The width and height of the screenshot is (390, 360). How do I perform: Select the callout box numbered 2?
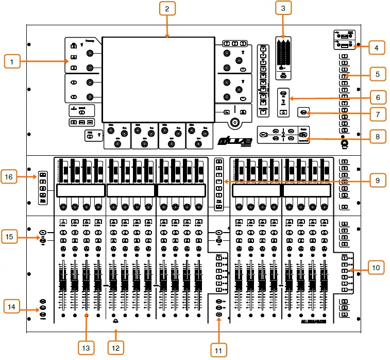(167, 9)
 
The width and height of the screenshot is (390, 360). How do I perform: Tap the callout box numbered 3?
(283, 9)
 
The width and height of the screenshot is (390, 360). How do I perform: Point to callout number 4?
(377, 48)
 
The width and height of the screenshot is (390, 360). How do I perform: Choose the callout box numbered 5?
(377, 75)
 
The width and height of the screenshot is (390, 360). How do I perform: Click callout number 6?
(377, 97)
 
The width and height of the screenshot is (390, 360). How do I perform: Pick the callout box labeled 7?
(377, 113)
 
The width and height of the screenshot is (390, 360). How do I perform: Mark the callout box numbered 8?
(377, 138)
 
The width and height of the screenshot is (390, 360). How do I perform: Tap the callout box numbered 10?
(377, 268)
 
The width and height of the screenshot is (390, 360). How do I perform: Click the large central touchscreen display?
(158, 78)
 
